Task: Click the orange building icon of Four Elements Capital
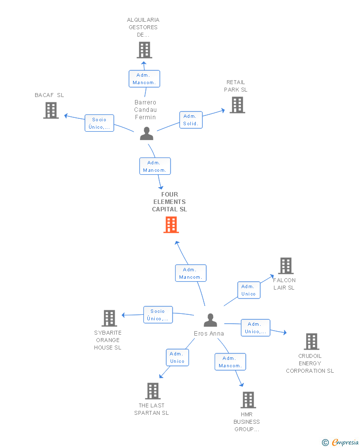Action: [171, 225]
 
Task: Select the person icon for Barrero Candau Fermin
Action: [146, 134]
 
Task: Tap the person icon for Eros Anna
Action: [210, 320]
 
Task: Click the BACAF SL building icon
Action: [51, 110]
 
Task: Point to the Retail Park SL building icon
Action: [237, 105]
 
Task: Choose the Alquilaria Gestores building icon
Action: [144, 50]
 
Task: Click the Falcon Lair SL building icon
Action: [286, 266]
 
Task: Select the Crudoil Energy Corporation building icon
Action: [311, 342]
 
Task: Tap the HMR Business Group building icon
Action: [248, 399]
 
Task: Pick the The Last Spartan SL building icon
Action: [153, 391]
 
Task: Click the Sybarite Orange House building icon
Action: [109, 318]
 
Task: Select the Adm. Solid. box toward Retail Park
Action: [191, 120]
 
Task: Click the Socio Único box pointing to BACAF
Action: [99, 123]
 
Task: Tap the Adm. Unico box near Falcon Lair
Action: [249, 290]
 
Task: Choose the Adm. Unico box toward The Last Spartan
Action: [178, 357]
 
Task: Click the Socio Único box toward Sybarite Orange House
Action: [158, 315]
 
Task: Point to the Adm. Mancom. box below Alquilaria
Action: [144, 79]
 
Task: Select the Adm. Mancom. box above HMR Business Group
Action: [230, 362]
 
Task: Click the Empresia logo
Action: [341, 442]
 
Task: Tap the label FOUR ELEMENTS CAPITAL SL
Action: [170, 201]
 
